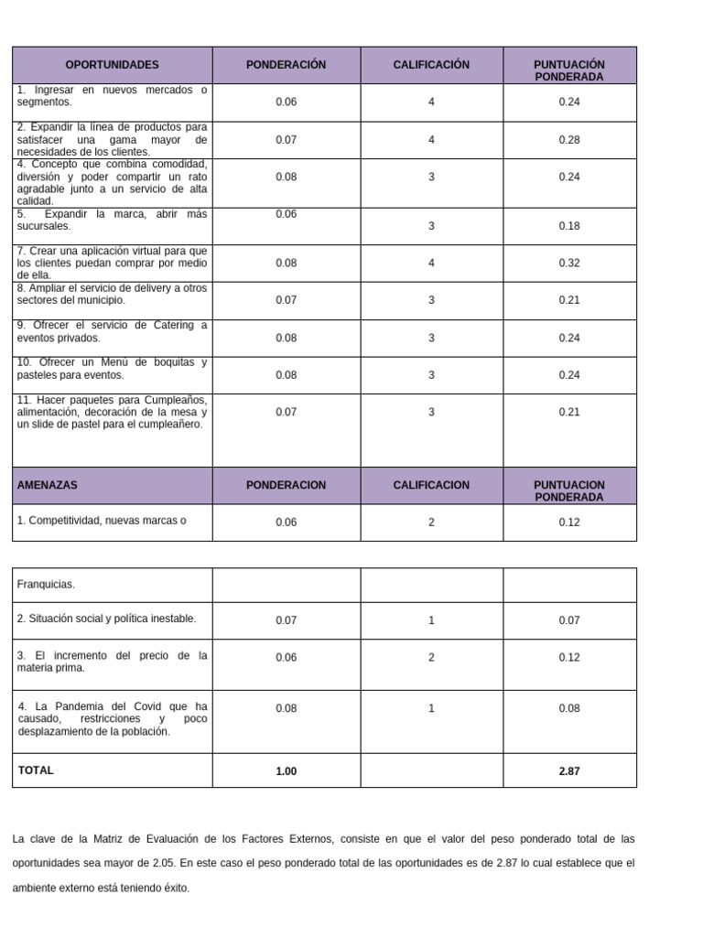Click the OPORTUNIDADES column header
tap(112, 65)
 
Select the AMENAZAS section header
tap(47, 485)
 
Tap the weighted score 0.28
tap(569, 140)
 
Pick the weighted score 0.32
tap(569, 263)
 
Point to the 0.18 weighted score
tap(569, 226)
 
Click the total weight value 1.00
tap(287, 771)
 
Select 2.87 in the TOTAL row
tap(569, 771)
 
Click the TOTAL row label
tap(36, 770)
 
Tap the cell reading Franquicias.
tap(46, 584)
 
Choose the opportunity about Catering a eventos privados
tap(112, 331)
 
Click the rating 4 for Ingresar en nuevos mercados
tap(431, 102)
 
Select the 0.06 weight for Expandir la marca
tap(287, 214)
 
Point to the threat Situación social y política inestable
tap(106, 619)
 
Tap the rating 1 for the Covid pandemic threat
tap(431, 708)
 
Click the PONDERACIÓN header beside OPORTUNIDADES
tap(286, 65)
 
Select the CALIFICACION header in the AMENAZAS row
tap(431, 485)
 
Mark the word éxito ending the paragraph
tap(176, 888)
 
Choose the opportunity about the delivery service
tap(112, 294)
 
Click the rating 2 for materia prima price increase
tap(431, 658)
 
